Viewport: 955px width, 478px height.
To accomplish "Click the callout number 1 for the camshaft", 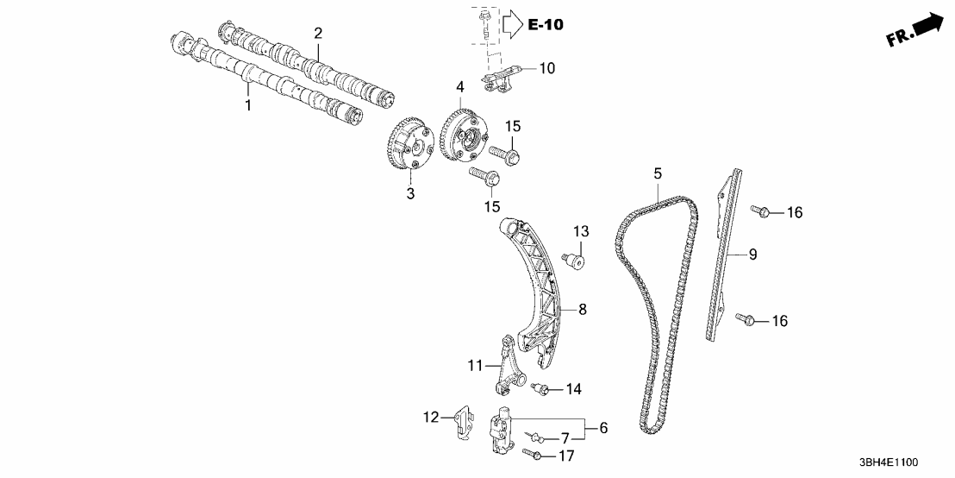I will point(248,105).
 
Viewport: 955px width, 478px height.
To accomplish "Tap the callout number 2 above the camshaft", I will point(318,34).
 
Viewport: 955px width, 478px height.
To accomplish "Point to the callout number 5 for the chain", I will point(658,174).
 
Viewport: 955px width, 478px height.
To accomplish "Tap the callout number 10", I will point(549,67).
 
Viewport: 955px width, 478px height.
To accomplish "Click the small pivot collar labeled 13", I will point(575,257).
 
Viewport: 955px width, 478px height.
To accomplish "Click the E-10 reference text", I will point(545,25).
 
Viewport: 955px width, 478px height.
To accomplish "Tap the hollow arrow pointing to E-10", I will point(512,24).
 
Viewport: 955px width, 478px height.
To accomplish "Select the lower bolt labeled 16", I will point(746,320).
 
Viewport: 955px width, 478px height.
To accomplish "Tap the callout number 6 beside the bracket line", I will point(602,427).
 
